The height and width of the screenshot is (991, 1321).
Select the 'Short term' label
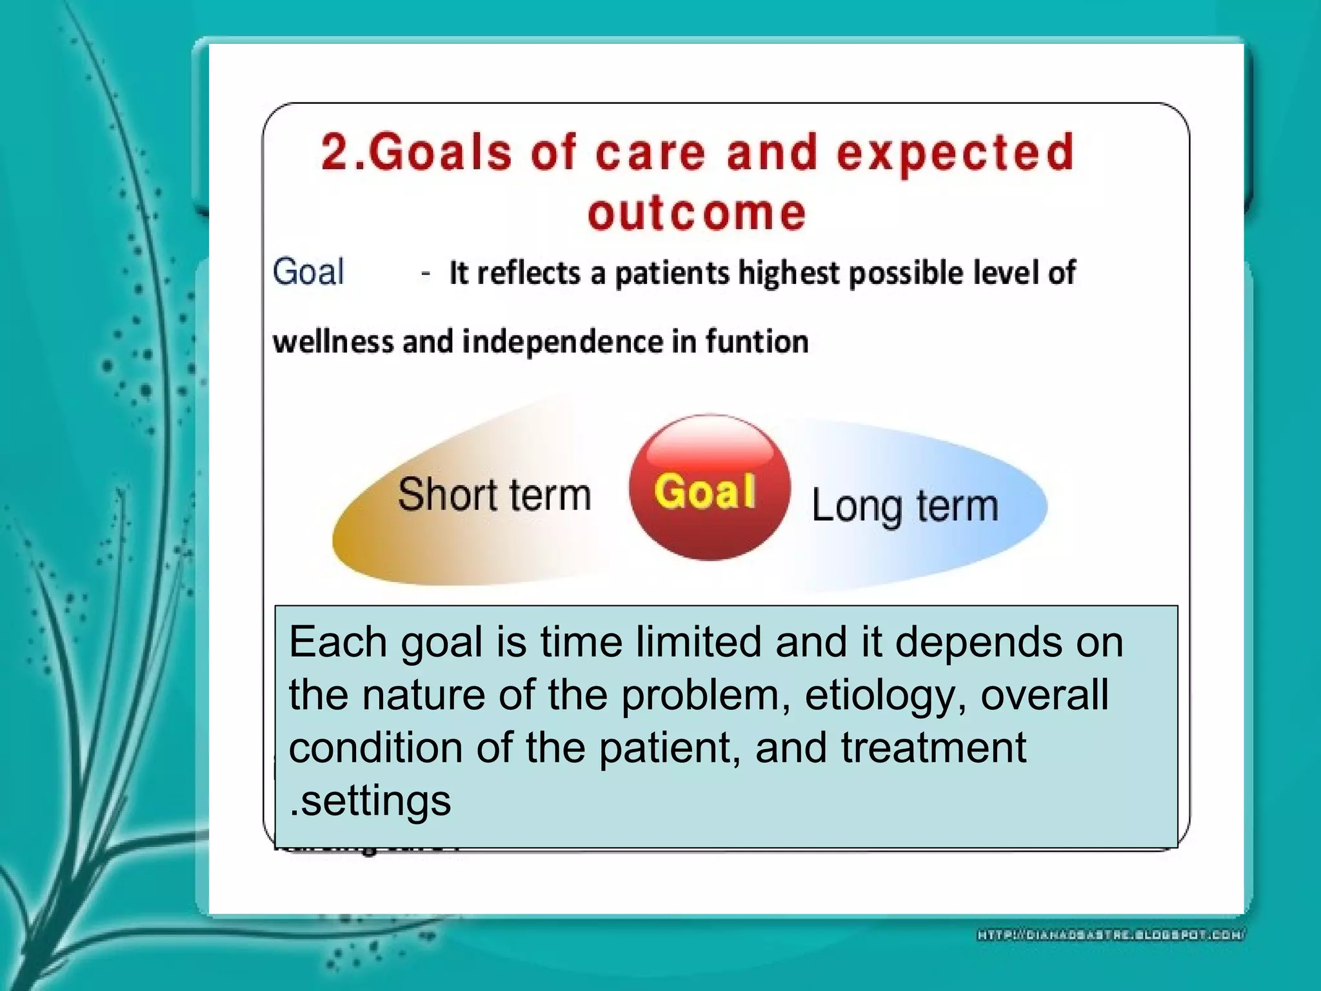point(494,495)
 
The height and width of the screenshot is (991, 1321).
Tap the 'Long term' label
point(904,506)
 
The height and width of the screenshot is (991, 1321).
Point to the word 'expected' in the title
point(955,154)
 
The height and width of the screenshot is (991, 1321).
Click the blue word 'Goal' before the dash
point(308,272)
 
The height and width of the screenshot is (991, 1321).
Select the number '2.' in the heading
point(343,154)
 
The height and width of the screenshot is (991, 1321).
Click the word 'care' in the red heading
point(651,154)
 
